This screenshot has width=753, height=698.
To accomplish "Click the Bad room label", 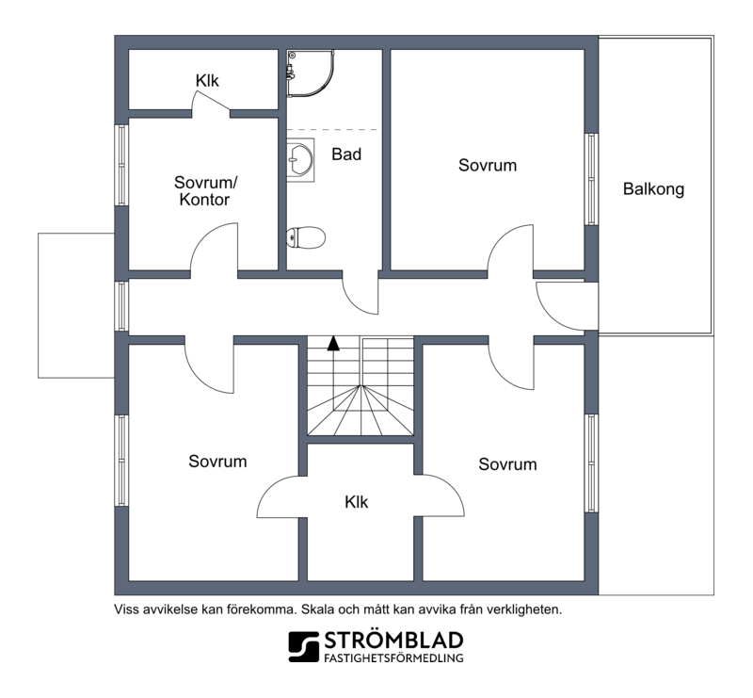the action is pyautogui.click(x=346, y=154).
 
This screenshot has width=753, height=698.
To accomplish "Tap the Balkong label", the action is pyautogui.click(x=653, y=189).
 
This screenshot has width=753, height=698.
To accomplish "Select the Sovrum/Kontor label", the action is pyautogui.click(x=205, y=191).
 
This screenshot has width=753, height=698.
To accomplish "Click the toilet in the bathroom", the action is pyautogui.click(x=306, y=237).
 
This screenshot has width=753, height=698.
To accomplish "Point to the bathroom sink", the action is pyautogui.click(x=300, y=159).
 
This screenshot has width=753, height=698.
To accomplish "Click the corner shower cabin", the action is pyautogui.click(x=311, y=73).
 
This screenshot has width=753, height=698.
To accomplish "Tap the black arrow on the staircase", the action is pyautogui.click(x=333, y=343).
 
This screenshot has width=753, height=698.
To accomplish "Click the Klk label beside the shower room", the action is pyautogui.click(x=207, y=81).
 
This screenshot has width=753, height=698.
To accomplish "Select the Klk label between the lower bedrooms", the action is pyautogui.click(x=357, y=502).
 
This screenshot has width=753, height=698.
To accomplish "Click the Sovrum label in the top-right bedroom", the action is pyautogui.click(x=488, y=166).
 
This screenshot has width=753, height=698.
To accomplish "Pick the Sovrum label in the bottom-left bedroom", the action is pyautogui.click(x=217, y=462).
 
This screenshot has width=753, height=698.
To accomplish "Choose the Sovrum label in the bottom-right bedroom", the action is pyautogui.click(x=507, y=464).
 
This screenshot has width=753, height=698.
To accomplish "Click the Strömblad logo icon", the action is pyautogui.click(x=303, y=646).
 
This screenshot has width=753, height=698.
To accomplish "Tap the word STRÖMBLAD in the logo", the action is pyautogui.click(x=393, y=641).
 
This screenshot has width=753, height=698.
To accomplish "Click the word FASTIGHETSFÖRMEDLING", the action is pyautogui.click(x=393, y=657).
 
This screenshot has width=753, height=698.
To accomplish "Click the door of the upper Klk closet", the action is pyautogui.click(x=210, y=101).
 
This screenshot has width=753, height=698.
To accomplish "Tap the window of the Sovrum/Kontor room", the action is pyautogui.click(x=122, y=166).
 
